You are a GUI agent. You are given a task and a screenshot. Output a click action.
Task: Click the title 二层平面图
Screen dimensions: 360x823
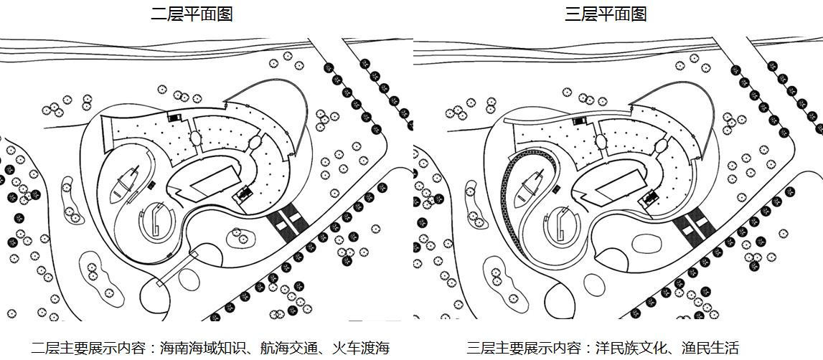pyautogui.click(x=192, y=14)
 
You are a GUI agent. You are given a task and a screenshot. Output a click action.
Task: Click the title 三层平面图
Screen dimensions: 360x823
pyautogui.click(x=606, y=14)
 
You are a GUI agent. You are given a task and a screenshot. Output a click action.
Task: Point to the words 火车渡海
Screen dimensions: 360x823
pyautogui.click(x=360, y=349)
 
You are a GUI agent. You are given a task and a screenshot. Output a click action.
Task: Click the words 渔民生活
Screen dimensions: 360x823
pyautogui.click(x=710, y=349)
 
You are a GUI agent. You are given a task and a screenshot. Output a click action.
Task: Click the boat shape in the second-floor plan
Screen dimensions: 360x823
pyautogui.click(x=126, y=184)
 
